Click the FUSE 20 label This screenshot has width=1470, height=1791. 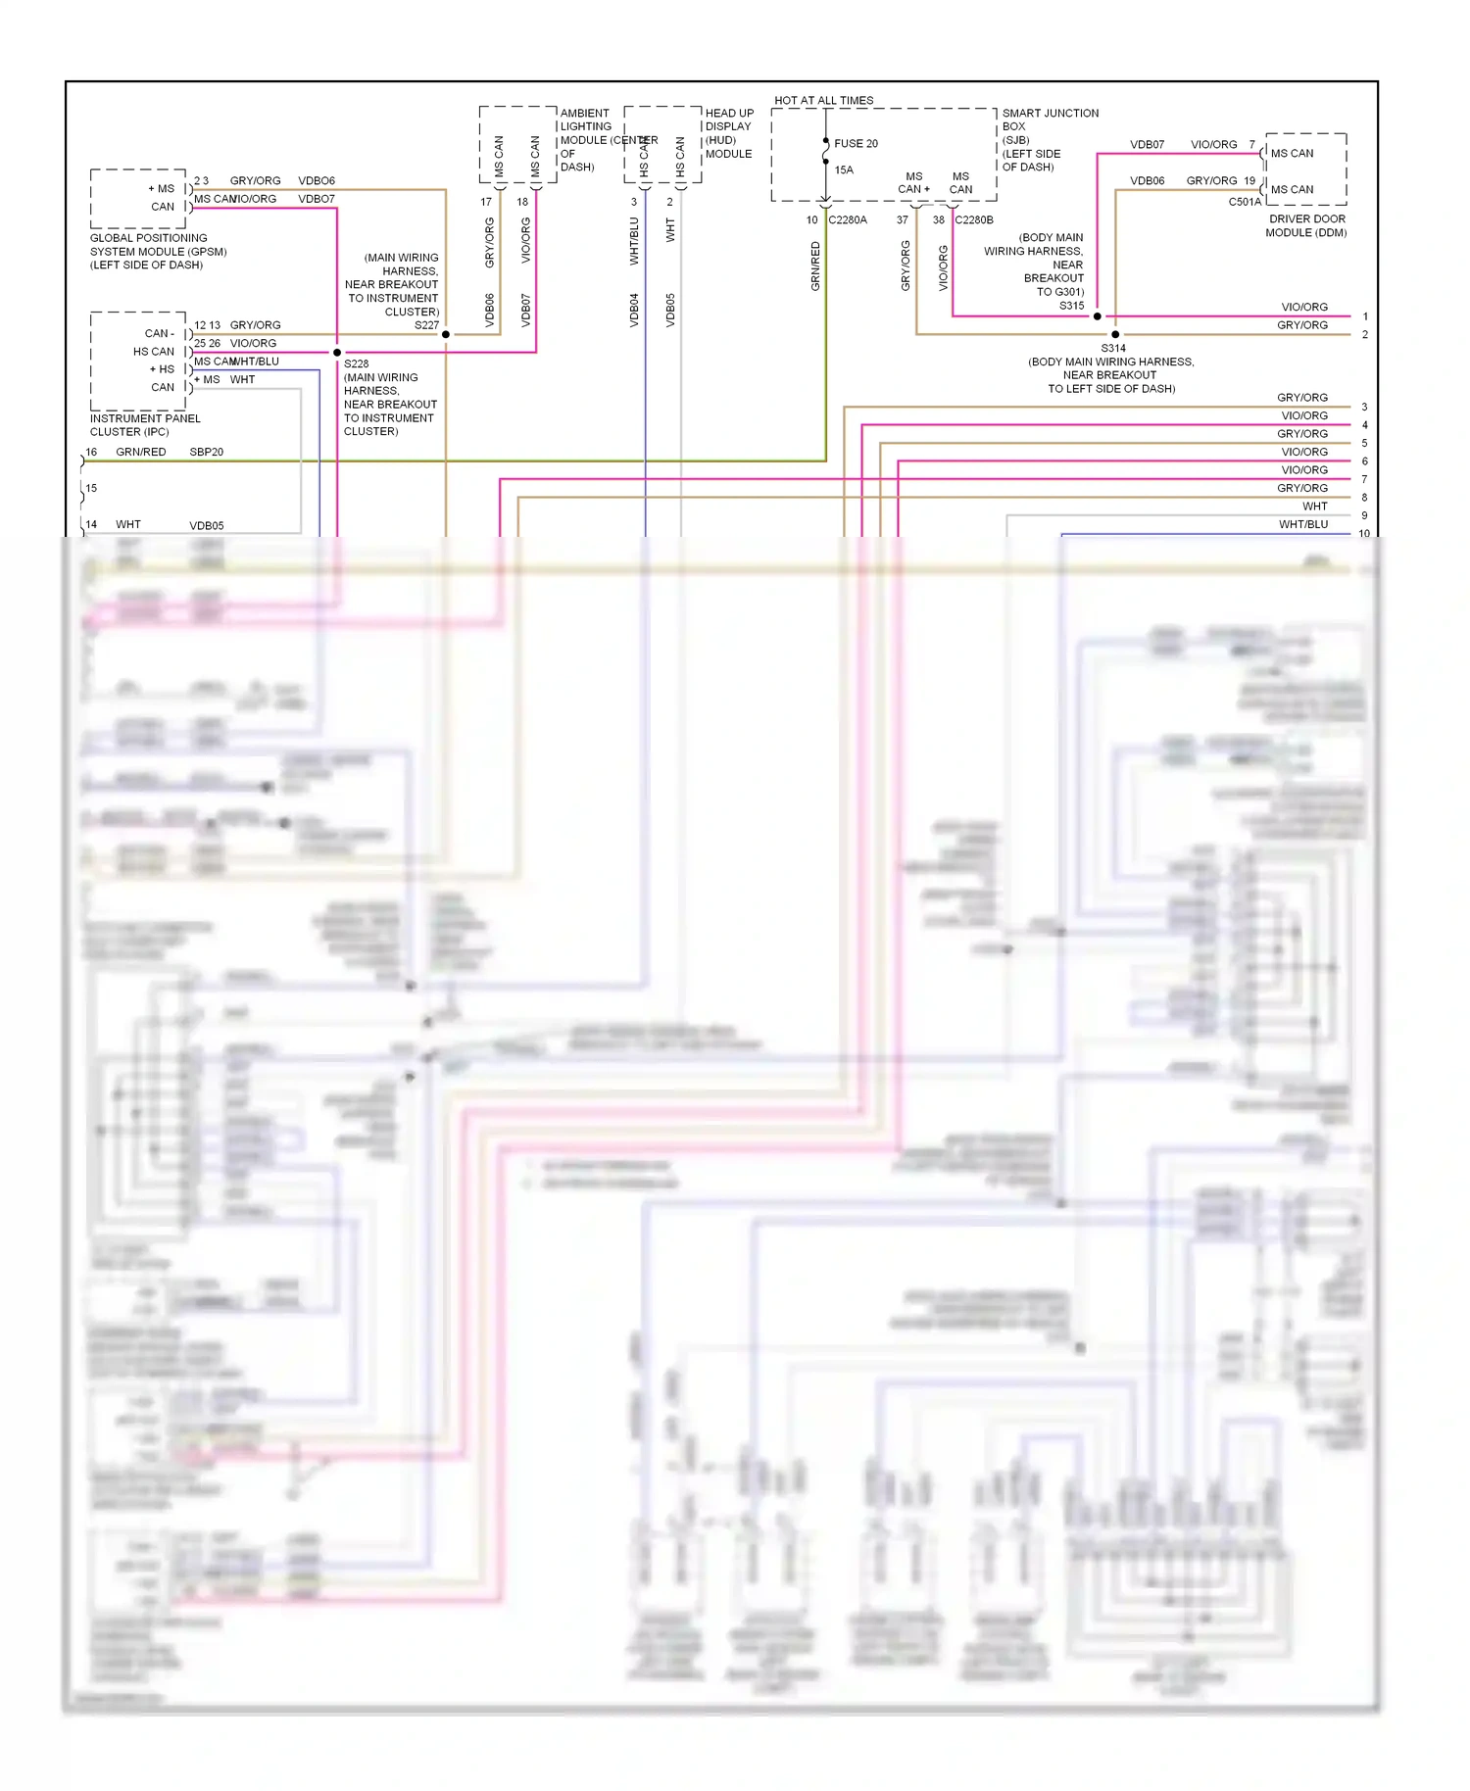856,143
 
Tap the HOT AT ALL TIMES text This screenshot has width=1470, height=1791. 823,100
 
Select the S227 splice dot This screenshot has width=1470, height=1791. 446,334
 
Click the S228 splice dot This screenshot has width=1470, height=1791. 337,352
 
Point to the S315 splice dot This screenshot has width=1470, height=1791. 1097,315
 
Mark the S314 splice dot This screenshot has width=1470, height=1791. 1115,334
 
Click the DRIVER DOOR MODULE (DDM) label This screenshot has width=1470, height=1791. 1306,225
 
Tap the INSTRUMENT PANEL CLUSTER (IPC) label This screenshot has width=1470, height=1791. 144,424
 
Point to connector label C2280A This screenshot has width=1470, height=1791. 848,219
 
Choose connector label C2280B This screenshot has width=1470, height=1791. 974,219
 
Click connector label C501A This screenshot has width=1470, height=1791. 1245,202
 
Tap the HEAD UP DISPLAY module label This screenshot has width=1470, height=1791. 729,133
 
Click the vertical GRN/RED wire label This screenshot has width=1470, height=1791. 814,266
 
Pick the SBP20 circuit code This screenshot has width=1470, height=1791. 206,452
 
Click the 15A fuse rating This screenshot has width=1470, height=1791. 843,169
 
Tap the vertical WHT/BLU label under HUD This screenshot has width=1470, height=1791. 634,241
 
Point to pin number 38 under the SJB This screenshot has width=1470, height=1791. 938,219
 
